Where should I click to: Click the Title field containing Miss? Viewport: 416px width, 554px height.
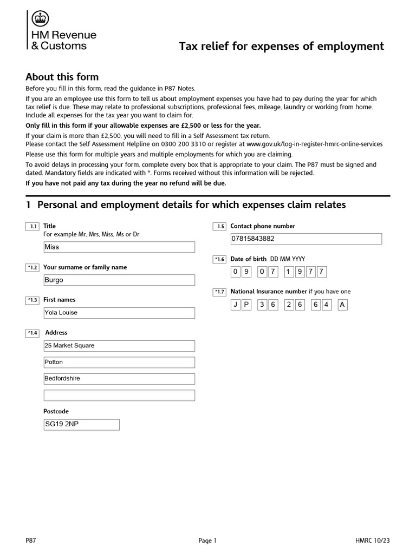pyautogui.click(x=119, y=247)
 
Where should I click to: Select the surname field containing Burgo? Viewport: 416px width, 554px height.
pyautogui.click(x=119, y=280)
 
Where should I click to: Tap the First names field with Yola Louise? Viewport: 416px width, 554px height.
pyautogui.click(x=119, y=313)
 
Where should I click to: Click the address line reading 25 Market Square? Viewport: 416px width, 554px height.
pyautogui.click(x=119, y=346)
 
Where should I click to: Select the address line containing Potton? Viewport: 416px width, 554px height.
pyautogui.click(x=119, y=362)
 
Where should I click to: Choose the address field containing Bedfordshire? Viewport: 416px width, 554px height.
pyautogui.click(x=119, y=379)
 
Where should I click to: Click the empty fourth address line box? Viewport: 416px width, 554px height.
pyautogui.click(x=119, y=395)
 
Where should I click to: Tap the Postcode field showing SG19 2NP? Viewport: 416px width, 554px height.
pyautogui.click(x=81, y=424)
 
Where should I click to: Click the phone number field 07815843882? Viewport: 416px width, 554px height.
pyautogui.click(x=306, y=239)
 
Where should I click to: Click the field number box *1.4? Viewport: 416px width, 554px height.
pyautogui.click(x=32, y=333)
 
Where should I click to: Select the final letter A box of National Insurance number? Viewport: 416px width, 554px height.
pyautogui.click(x=342, y=305)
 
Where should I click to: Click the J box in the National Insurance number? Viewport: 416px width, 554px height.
pyautogui.click(x=236, y=305)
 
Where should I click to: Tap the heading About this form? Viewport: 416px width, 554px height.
pyautogui.click(x=62, y=77)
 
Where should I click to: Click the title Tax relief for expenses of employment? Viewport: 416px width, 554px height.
pyautogui.click(x=281, y=47)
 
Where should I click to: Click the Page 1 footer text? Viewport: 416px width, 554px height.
pyautogui.click(x=207, y=540)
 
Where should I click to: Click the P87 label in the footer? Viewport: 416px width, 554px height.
pyautogui.click(x=31, y=540)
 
